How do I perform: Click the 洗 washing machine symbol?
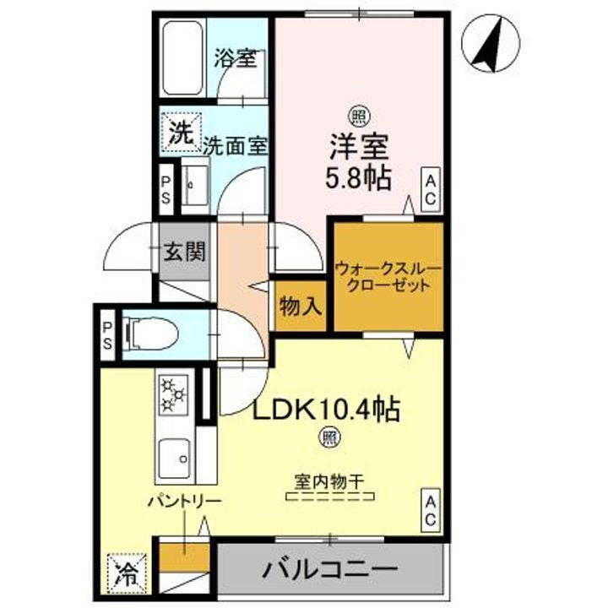178,132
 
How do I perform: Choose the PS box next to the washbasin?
166,186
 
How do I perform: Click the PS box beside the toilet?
108,336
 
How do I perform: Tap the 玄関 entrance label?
184,252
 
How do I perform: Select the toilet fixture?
152,334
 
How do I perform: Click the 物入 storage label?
300,306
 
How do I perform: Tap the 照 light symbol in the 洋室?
359,117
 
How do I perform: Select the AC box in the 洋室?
430,187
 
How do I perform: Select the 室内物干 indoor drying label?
328,482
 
